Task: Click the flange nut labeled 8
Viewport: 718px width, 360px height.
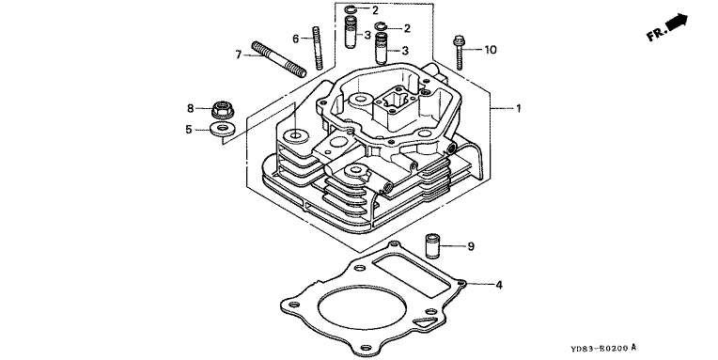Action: pyautogui.click(x=223, y=109)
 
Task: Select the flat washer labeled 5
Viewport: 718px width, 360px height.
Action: pyautogui.click(x=222, y=129)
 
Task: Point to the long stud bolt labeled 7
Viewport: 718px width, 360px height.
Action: pyautogui.click(x=278, y=59)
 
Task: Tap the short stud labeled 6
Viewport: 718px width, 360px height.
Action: pyautogui.click(x=318, y=48)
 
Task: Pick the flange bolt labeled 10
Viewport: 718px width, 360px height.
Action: pyautogui.click(x=459, y=53)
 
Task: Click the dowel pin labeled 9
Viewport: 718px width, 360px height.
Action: pyautogui.click(x=431, y=246)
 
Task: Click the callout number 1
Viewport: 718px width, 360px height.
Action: pyautogui.click(x=519, y=108)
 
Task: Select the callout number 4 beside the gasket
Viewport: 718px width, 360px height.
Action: pyautogui.click(x=499, y=285)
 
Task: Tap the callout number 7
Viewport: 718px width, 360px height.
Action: pyautogui.click(x=238, y=55)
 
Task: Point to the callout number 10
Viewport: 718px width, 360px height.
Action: pyautogui.click(x=490, y=50)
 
